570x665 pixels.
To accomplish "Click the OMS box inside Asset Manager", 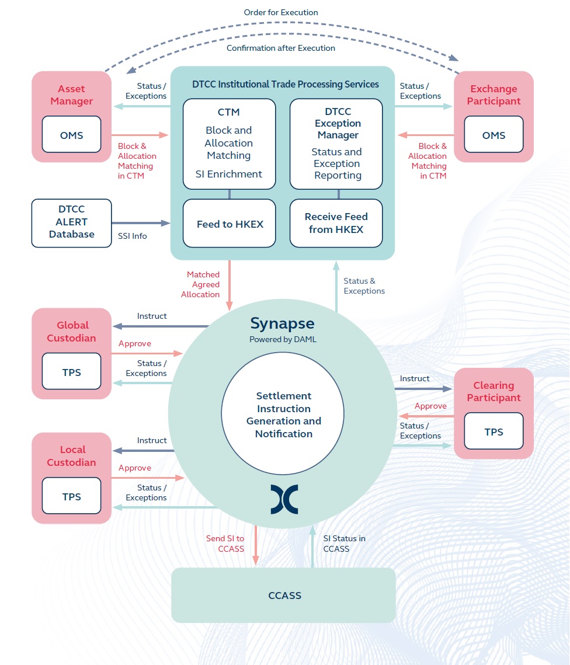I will pyautogui.click(x=71, y=135).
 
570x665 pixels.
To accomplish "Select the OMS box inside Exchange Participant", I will pyautogui.click(x=493, y=135).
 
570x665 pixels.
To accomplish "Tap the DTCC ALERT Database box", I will pyautogui.click(x=71, y=222).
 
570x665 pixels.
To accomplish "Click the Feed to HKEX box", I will pyautogui.click(x=230, y=224).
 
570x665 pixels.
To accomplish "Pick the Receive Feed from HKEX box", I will pyautogui.click(x=336, y=223).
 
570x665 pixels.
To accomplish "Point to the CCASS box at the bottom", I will pyautogui.click(x=284, y=596).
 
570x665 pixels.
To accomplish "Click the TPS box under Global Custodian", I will pyautogui.click(x=71, y=372).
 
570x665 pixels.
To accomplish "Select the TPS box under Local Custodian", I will pyautogui.click(x=71, y=497).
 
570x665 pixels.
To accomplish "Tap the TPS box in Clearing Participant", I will pyautogui.click(x=493, y=432).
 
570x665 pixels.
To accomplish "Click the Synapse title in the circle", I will pyautogui.click(x=283, y=323).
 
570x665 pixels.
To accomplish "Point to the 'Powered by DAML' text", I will pyautogui.click(x=283, y=339).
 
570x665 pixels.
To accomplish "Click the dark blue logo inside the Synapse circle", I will pyautogui.click(x=284, y=499).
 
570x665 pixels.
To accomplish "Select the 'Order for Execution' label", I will pyautogui.click(x=281, y=12).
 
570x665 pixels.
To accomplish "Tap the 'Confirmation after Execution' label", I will pyautogui.click(x=281, y=48).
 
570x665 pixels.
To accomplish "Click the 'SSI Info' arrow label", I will pyautogui.click(x=133, y=236).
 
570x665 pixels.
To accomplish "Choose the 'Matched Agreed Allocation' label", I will pyautogui.click(x=203, y=284).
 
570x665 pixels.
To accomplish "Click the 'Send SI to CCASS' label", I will pyautogui.click(x=225, y=544).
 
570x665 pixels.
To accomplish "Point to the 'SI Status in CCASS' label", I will pyautogui.click(x=344, y=544).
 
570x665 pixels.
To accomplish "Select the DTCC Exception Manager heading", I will pyautogui.click(x=338, y=123).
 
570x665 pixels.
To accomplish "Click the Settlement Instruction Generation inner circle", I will pyautogui.click(x=283, y=415).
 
